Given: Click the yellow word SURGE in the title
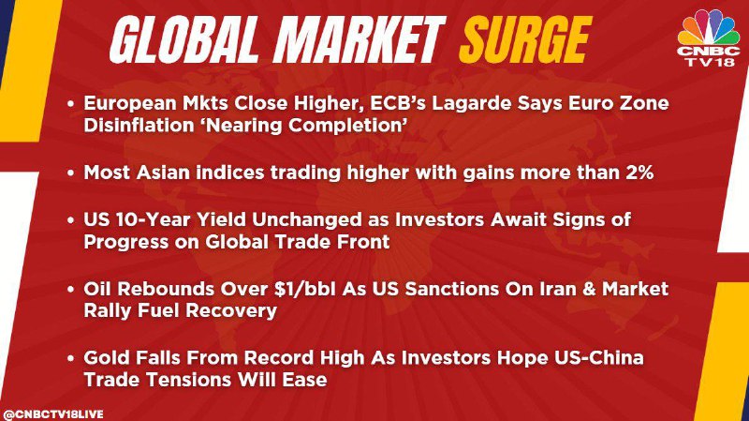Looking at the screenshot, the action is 524,39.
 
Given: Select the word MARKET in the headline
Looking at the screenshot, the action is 359,39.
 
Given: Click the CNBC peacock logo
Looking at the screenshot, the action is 709,27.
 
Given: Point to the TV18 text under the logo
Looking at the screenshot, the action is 710,62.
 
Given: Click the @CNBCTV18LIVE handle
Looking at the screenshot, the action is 52,413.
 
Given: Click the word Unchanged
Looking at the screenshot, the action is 307,219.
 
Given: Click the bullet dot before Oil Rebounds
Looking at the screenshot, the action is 71,290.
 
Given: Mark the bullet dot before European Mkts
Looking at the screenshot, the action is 71,103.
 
